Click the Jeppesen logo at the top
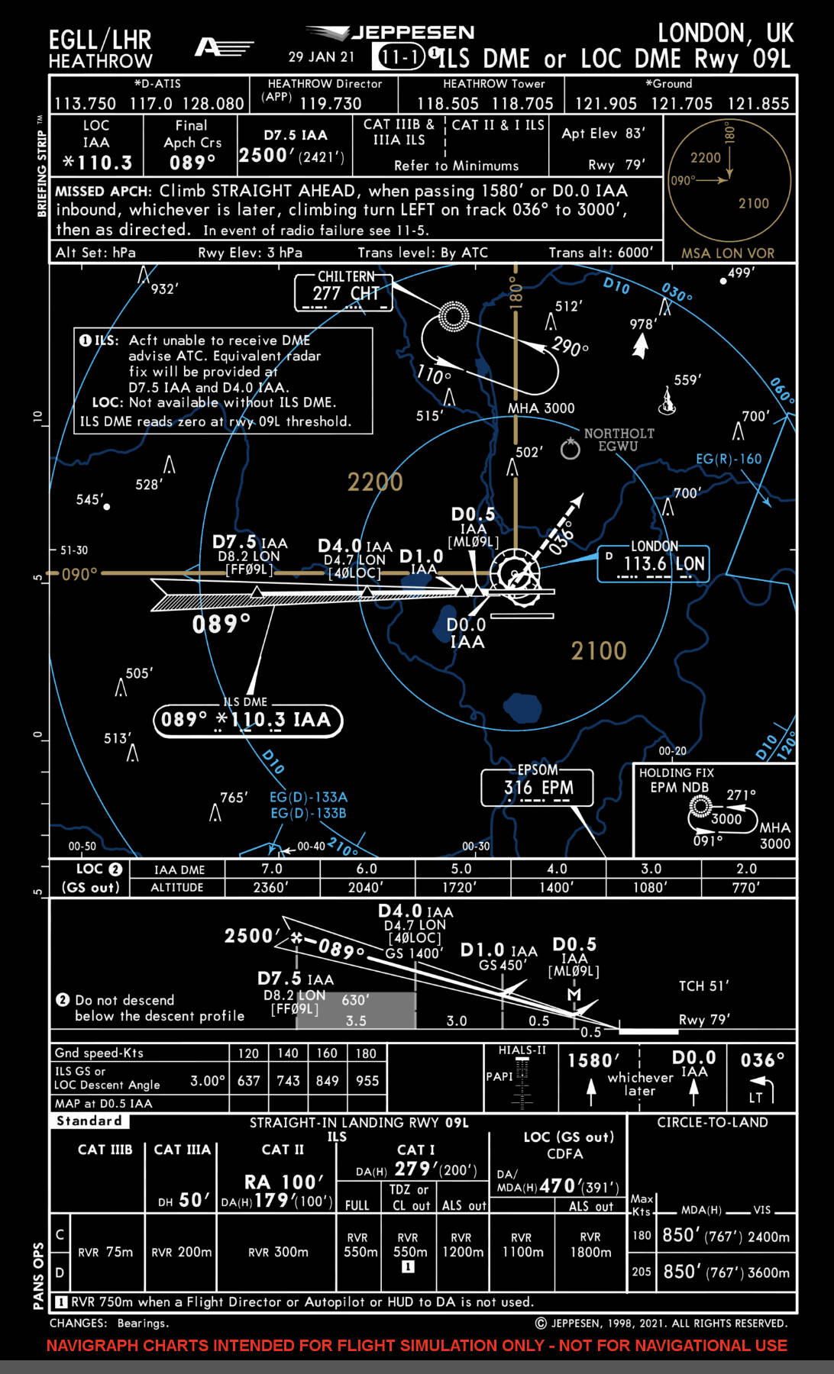pos(390,33)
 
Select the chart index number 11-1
pos(399,57)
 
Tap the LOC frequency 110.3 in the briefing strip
pos(98,163)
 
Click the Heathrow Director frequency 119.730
pos(331,103)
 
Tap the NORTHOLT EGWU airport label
pos(619,440)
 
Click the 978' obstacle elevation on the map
pos(643,324)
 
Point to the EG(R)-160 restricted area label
pos(729,459)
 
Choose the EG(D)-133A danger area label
pos(309,797)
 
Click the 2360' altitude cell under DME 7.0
pos(271,887)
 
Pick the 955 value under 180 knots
pos(367,1081)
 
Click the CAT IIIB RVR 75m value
pos(105,1252)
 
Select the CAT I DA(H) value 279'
pos(413,1169)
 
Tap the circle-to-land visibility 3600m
pos(768,1272)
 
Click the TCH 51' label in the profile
pos(704,985)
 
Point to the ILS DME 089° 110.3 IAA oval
pos(248,720)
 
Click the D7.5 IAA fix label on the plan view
pos(250,542)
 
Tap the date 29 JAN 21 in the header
pos(322,56)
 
